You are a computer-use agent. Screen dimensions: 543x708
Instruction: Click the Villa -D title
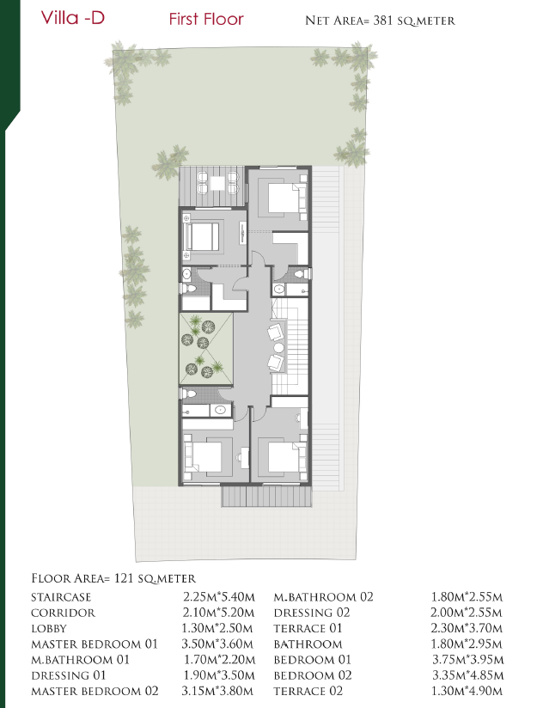[73, 18]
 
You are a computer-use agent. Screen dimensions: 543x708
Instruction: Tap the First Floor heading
[206, 19]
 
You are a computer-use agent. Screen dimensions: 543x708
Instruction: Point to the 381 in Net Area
[382, 21]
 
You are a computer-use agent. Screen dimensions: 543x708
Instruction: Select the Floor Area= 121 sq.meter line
[113, 578]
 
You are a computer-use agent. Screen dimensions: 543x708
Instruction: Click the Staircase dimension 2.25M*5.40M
[219, 597]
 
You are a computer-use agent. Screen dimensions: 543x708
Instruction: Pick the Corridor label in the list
[64, 613]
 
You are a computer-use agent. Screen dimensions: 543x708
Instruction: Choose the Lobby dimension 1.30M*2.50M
[217, 628]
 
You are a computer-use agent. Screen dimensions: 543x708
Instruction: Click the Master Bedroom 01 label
[95, 644]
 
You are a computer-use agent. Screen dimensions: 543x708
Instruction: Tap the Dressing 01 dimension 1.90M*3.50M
[219, 675]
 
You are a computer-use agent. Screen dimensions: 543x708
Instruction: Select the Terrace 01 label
[308, 628]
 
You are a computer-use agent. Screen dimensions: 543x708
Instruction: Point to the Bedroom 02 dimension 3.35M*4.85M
[467, 675]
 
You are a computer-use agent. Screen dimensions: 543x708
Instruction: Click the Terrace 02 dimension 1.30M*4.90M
[467, 691]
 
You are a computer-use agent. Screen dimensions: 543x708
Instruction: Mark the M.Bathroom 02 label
[324, 597]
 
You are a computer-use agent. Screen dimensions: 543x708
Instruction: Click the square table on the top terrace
[217, 183]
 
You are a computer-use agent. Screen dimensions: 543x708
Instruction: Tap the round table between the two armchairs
[279, 348]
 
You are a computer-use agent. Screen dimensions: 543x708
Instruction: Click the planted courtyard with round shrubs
[206, 349]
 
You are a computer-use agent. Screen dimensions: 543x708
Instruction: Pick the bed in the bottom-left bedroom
[206, 457]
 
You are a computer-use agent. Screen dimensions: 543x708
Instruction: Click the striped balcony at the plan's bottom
[266, 497]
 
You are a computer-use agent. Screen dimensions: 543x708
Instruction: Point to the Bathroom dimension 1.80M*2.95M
[467, 644]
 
